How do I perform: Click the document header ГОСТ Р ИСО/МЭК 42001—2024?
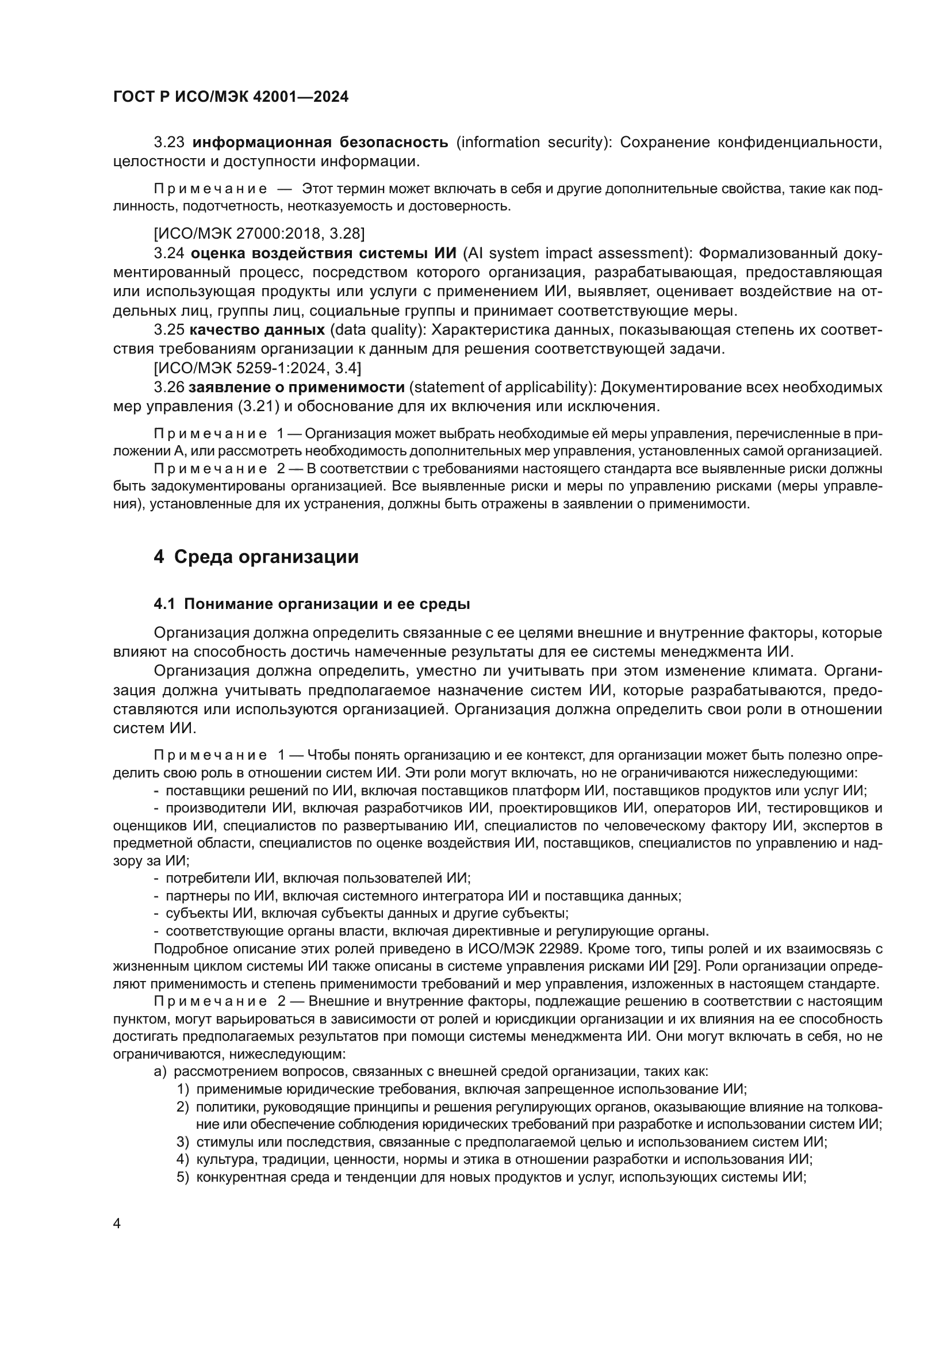point(231,97)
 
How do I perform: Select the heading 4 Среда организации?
point(256,557)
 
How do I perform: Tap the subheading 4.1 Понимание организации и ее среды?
point(312,604)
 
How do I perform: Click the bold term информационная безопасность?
point(320,143)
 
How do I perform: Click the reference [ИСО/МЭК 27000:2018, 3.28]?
point(259,234)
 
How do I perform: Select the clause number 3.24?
point(169,254)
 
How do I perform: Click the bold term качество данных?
point(257,330)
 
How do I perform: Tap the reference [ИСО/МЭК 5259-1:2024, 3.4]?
point(257,368)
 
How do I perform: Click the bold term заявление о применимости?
point(297,387)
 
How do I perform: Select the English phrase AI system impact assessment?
point(574,254)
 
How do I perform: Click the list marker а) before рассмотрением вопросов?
point(161,1071)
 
